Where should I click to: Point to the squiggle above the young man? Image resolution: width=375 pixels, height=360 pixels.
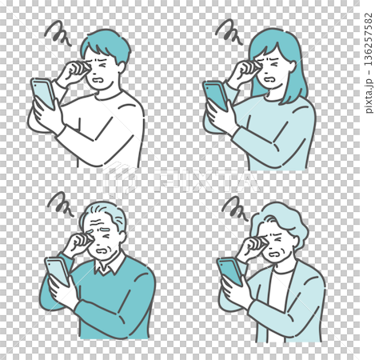[x=57, y=33]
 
